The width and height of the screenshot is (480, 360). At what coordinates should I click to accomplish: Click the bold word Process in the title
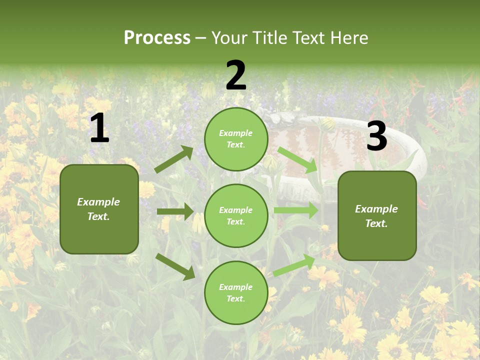coord(157,38)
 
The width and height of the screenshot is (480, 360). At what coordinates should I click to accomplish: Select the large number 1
coord(99,128)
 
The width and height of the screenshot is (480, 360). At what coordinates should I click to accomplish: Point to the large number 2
coord(236,76)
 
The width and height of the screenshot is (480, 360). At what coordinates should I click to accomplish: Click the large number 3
coord(376,136)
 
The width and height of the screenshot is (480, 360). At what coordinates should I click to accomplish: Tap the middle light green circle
coord(236,215)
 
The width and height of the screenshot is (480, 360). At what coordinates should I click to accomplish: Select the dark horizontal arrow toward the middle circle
coord(175,211)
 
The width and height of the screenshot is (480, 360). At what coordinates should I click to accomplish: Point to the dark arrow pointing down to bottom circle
coord(175,266)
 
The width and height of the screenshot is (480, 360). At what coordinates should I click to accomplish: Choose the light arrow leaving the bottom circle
coord(294,265)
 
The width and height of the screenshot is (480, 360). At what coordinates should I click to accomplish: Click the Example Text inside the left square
coord(98,209)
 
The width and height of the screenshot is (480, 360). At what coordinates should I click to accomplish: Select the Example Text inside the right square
coord(376,216)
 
